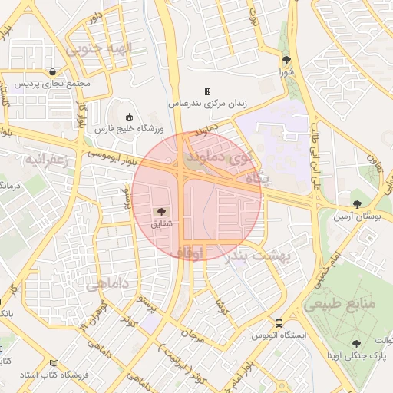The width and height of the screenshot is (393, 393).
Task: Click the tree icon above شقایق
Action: click(x=162, y=211)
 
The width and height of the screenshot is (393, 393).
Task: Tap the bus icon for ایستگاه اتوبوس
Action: click(x=279, y=324)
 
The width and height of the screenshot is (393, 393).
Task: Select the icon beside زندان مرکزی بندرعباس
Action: click(x=206, y=91)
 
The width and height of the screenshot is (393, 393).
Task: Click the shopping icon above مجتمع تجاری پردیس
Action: click(x=51, y=71)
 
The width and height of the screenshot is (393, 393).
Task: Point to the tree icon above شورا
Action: click(x=287, y=60)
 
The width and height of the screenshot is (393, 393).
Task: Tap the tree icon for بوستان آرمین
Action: click(x=356, y=203)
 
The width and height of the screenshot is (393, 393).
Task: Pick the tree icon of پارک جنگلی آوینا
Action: click(x=355, y=344)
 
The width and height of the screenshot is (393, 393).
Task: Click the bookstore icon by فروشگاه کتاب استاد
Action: click(x=53, y=362)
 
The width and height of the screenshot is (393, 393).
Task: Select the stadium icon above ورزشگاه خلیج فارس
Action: click(x=128, y=117)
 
